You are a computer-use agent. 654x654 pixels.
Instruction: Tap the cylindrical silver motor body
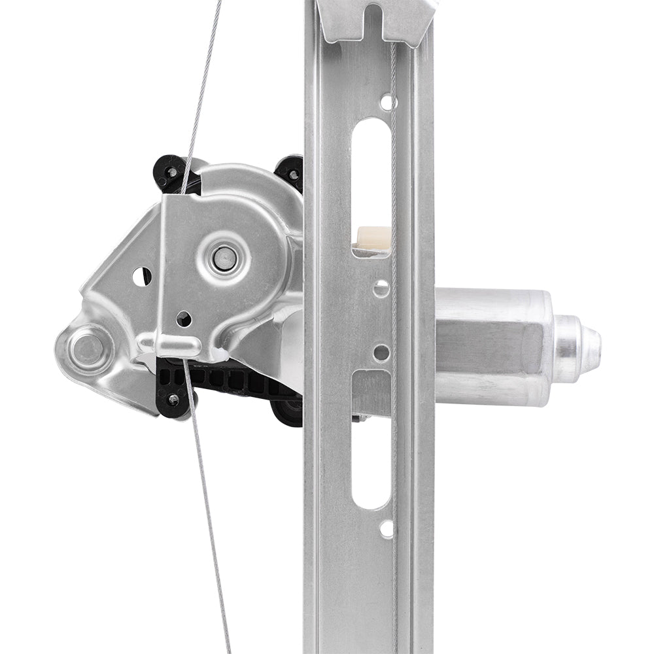tap(490, 347)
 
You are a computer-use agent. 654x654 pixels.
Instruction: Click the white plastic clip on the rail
tap(373, 238)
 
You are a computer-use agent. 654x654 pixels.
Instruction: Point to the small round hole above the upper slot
tap(387, 102)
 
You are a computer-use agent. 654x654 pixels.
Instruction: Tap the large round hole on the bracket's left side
tap(142, 277)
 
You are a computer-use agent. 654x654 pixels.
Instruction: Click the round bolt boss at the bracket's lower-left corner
tap(87, 349)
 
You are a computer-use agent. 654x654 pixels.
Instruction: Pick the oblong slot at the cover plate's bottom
tap(180, 345)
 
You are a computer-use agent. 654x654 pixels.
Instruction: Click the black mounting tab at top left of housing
tap(172, 171)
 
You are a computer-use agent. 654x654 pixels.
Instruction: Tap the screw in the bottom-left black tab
tap(173, 398)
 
